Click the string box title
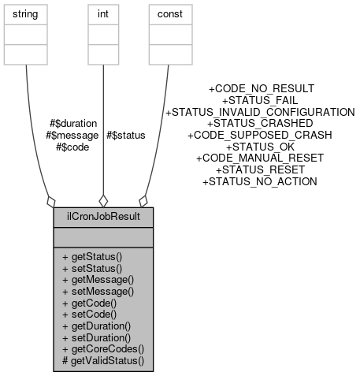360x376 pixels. (x=26, y=14)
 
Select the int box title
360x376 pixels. (x=102, y=14)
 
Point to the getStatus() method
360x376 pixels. (x=98, y=258)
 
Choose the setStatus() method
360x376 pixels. (x=98, y=269)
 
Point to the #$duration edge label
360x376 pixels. (x=73, y=124)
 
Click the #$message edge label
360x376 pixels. (x=72, y=136)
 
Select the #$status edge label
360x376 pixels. (x=125, y=136)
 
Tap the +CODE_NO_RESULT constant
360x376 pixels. (x=260, y=89)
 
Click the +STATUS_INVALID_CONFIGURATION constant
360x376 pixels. (x=260, y=112)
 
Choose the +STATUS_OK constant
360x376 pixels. (x=260, y=147)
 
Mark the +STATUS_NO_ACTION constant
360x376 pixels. (x=260, y=181)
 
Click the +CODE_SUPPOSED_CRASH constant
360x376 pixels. (x=260, y=135)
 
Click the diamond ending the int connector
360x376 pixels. (x=102, y=200)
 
